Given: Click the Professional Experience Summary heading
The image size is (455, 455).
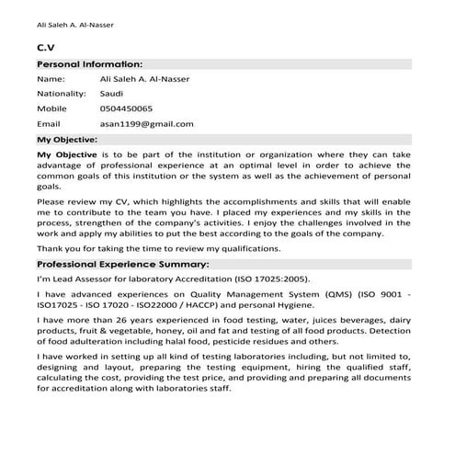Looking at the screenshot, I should (123, 264).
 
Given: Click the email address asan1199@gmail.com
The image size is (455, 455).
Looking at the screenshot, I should (147, 123).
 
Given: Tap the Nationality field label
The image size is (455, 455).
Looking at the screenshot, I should (59, 94).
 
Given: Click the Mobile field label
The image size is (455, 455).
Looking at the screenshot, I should (51, 108).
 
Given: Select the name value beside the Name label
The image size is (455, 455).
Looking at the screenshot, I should (144, 79).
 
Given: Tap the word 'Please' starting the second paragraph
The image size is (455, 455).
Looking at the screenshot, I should (51, 200).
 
